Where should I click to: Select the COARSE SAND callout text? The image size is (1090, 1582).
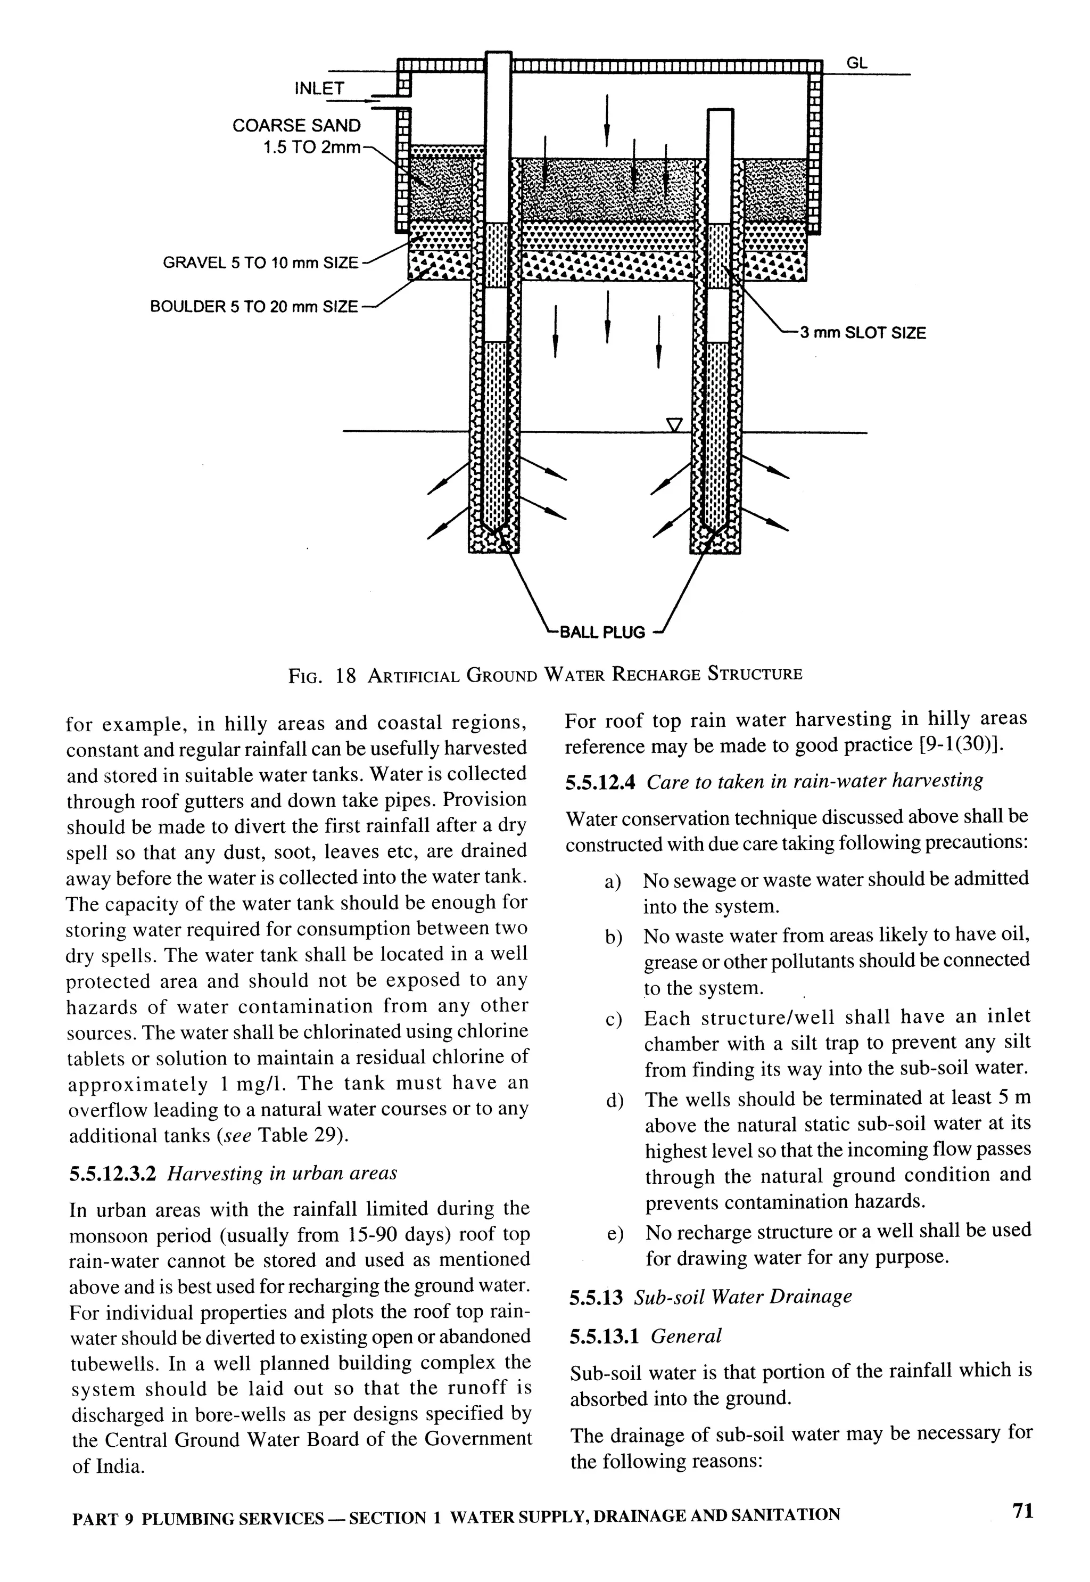[296, 126]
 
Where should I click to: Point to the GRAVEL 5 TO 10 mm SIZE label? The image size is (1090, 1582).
[260, 263]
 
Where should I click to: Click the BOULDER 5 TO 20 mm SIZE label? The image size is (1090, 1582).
[253, 307]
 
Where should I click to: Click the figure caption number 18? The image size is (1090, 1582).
[346, 676]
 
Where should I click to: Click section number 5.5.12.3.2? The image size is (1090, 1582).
[113, 1174]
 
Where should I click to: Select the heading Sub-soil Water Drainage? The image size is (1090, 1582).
[743, 1296]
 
